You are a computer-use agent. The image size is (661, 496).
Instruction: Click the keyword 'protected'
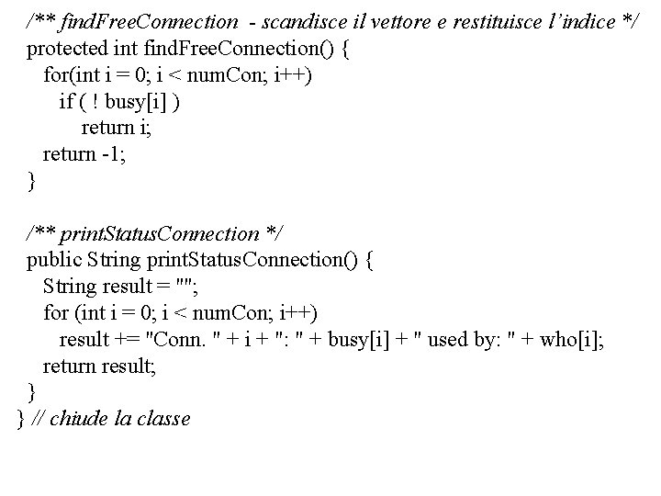coord(67,48)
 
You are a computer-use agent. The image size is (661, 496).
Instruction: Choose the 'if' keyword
coord(66,101)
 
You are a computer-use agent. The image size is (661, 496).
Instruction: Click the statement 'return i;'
coord(117,128)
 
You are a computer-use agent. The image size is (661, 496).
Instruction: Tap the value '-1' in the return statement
coord(112,154)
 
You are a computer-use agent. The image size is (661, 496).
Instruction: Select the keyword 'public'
coord(53,260)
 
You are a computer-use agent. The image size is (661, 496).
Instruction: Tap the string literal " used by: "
coord(458,340)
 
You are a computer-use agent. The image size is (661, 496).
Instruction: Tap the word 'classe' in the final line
coord(163,420)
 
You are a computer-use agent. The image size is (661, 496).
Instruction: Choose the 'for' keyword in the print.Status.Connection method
coord(56,313)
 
